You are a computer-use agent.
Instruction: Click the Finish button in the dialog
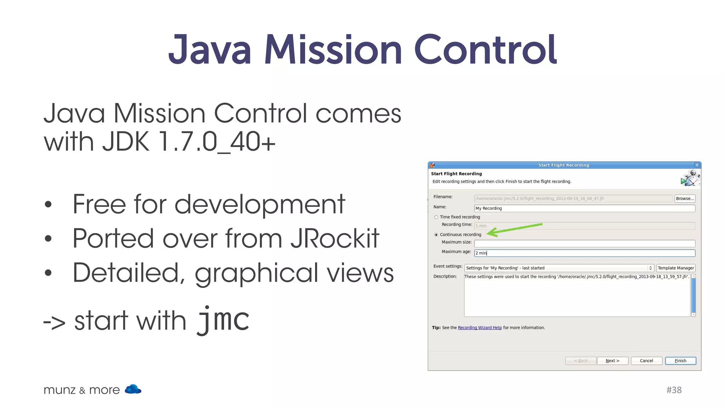tap(680, 361)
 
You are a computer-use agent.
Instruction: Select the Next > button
tap(612, 361)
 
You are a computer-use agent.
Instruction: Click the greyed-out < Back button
tap(581, 361)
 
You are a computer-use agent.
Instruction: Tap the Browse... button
tap(685, 198)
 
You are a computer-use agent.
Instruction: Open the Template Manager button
tap(676, 268)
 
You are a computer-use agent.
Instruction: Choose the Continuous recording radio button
tap(436, 235)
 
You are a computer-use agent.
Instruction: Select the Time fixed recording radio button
tap(436, 217)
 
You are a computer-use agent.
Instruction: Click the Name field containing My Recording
tap(584, 208)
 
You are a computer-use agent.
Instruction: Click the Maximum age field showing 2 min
tap(584, 253)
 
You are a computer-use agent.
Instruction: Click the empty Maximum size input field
tap(584, 243)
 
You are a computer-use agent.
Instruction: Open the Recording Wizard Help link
tap(480, 328)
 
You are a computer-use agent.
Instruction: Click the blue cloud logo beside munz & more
tap(133, 389)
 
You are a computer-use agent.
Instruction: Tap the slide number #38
tap(674, 390)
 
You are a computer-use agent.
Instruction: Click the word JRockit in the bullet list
tap(335, 238)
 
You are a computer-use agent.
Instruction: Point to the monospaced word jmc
tap(223, 319)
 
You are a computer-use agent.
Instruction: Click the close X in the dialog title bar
tap(697, 165)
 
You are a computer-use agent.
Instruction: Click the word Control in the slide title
tap(485, 50)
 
